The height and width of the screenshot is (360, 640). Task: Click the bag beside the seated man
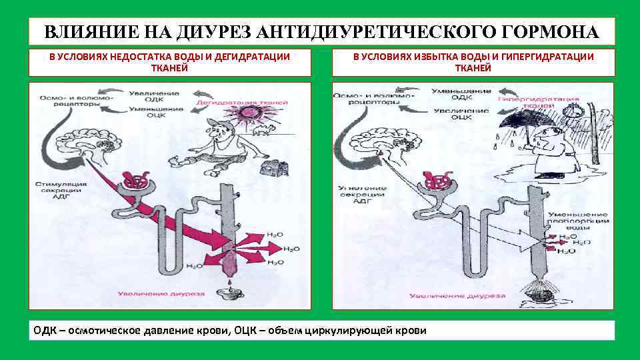click(x=272, y=167)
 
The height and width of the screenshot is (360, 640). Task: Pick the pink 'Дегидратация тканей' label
click(x=243, y=103)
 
